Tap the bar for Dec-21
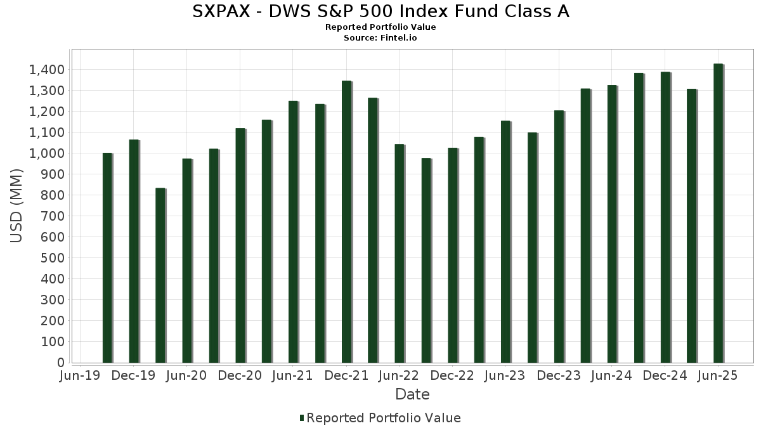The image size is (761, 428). pos(347,222)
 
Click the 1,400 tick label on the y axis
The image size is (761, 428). pos(47,70)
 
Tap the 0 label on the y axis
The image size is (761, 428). pos(61,363)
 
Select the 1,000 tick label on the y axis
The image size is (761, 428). pos(47,153)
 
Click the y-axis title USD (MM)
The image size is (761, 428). pos(17,205)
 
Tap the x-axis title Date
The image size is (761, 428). pos(412,394)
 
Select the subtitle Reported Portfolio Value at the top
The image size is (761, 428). pos(380,27)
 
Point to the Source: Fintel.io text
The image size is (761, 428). pos(380,38)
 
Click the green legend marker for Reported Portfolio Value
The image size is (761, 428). pos(302,418)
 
